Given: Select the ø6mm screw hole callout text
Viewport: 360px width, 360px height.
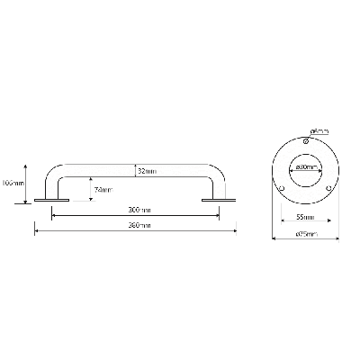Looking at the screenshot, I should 319,131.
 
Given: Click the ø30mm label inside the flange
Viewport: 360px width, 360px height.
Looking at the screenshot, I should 304,167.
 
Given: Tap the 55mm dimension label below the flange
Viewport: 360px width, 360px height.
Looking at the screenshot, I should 304,217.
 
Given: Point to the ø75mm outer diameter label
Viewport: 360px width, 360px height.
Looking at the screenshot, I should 304,236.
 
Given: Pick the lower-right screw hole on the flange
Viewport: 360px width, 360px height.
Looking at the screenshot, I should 328,187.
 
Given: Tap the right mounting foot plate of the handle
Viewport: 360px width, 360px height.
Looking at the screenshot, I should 211,201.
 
